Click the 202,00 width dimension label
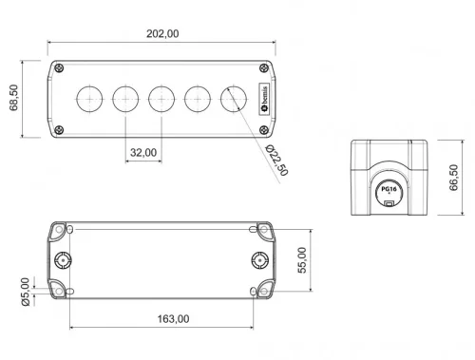(162, 33)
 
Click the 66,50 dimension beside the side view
(453, 177)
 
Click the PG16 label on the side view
(389, 190)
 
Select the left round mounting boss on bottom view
(65, 259)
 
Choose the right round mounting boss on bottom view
(258, 259)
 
